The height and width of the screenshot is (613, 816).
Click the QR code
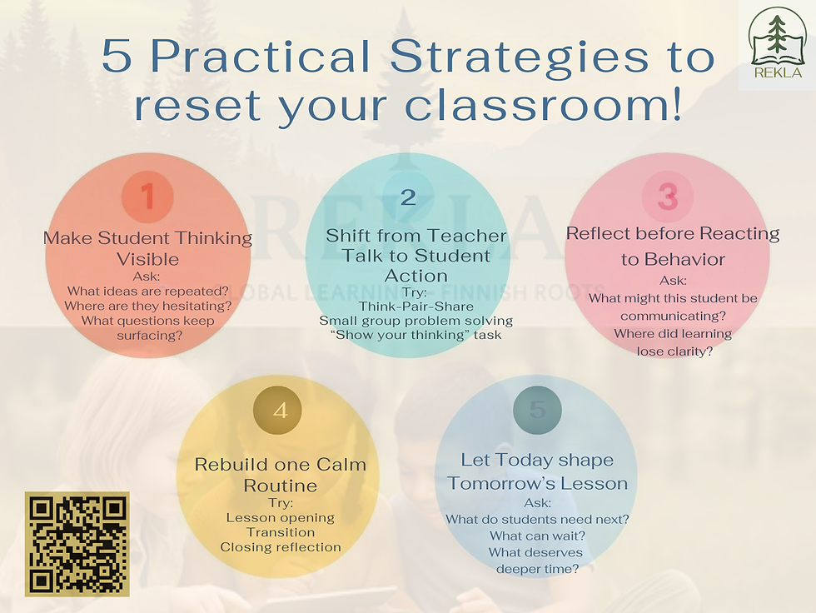click(77, 544)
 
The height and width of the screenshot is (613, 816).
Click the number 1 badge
click(147, 197)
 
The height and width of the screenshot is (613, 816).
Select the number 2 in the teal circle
click(408, 197)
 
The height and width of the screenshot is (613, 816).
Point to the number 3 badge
click(668, 197)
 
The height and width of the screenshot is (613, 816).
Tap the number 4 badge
click(280, 411)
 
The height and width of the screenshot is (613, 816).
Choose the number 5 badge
click(537, 410)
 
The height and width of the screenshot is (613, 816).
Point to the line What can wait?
click(537, 536)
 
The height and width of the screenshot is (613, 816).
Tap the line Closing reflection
click(281, 547)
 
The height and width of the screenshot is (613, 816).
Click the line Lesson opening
click(281, 517)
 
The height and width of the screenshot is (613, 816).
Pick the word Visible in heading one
click(147, 259)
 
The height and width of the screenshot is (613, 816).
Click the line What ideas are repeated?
click(147, 291)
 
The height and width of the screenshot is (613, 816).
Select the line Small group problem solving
click(416, 321)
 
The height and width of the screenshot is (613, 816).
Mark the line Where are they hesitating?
click(147, 306)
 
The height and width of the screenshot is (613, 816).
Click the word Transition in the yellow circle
click(281, 532)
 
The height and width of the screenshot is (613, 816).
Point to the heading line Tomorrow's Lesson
click(537, 483)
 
